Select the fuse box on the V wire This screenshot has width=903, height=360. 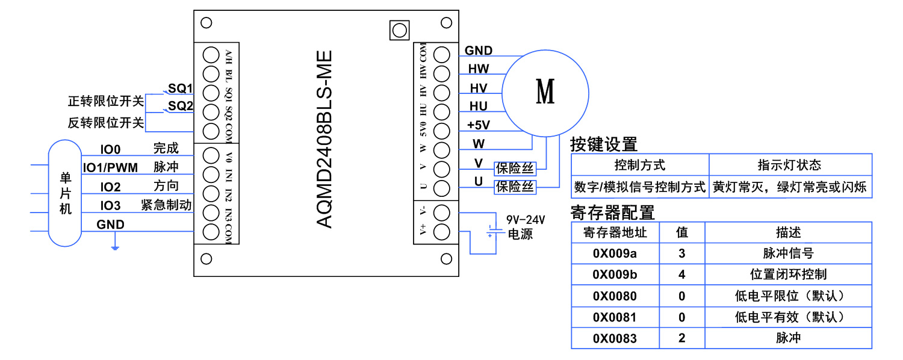pos(515,167)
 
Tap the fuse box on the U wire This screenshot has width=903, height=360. pos(515,187)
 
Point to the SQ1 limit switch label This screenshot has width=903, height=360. pos(179,88)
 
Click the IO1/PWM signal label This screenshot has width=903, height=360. pos(110,167)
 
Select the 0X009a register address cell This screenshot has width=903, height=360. pos(615,253)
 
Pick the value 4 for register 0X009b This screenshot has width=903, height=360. pos(681,275)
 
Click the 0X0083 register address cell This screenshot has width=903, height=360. pos(615,338)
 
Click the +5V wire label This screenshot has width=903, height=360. pos(479,125)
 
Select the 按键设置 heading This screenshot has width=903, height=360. pos(603,144)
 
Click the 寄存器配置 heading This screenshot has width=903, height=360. pos(612,213)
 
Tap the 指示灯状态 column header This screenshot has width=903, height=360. pos(789,165)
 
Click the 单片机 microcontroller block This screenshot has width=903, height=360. pos(65,193)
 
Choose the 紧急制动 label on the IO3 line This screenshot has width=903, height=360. pos(166,205)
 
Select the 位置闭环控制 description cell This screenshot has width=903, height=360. pos(788,275)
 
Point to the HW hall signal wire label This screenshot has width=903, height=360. pos(479,69)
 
